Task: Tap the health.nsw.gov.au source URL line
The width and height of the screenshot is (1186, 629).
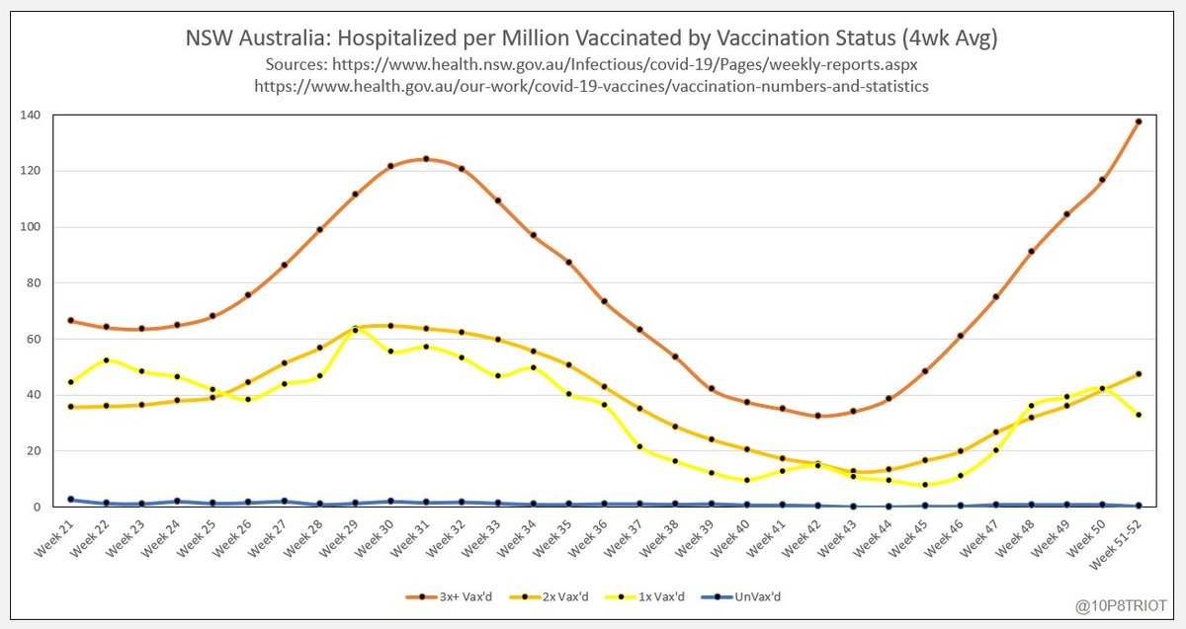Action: point(592,64)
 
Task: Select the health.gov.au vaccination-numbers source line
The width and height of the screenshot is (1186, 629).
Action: point(592,87)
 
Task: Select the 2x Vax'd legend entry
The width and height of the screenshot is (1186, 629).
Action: point(542,596)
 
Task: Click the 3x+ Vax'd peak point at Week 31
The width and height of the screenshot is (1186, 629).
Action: point(426,158)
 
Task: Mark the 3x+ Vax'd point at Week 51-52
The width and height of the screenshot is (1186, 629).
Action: point(1138,121)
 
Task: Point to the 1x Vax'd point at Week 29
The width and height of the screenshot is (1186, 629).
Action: point(355,330)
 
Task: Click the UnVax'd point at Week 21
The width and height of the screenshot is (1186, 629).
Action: point(70,500)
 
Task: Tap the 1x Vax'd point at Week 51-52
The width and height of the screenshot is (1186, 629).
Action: point(1138,415)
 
